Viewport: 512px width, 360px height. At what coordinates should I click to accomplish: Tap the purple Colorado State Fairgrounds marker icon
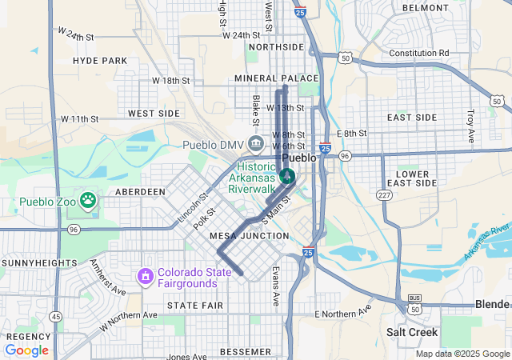click(146, 277)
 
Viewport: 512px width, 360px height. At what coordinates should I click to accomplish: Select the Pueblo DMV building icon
click(255, 144)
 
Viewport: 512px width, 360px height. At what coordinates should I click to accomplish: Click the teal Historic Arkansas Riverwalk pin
click(287, 175)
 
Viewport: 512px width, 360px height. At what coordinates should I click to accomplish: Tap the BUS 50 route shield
click(414, 303)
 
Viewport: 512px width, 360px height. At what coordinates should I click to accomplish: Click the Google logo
click(26, 350)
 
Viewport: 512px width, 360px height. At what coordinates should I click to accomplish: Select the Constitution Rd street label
click(418, 54)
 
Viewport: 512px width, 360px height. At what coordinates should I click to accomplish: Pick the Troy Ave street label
click(470, 126)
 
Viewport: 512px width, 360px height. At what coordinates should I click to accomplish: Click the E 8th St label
click(351, 134)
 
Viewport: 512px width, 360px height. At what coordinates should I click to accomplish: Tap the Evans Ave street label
click(275, 286)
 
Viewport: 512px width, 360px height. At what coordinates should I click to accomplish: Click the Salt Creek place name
click(411, 331)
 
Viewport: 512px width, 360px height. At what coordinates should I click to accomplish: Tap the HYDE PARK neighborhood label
click(100, 61)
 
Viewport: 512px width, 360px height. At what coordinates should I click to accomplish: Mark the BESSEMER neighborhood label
click(223, 351)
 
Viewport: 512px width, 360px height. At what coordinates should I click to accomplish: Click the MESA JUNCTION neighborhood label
click(249, 236)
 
